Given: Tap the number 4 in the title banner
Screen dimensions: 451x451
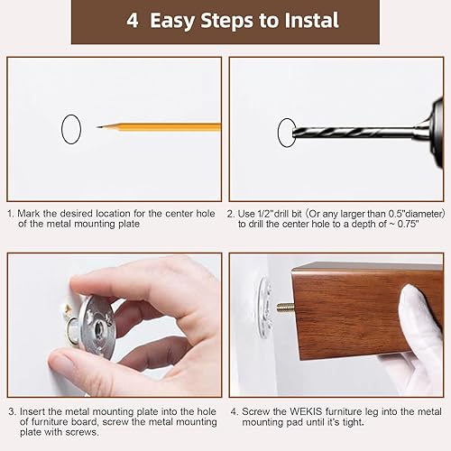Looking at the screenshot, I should click(x=132, y=21).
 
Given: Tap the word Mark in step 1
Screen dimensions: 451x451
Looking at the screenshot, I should click(x=33, y=213).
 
